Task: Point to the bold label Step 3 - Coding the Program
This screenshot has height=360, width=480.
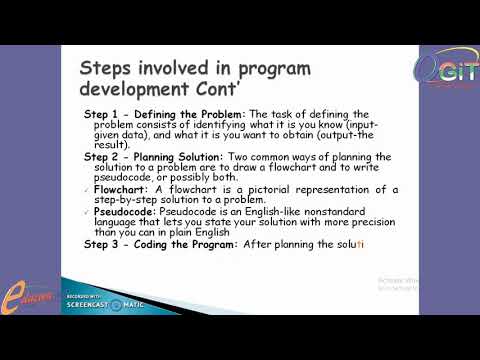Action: click(x=160, y=244)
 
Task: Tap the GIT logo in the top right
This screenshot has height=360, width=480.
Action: click(x=442, y=69)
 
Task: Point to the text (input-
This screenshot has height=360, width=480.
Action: click(x=351, y=125)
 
